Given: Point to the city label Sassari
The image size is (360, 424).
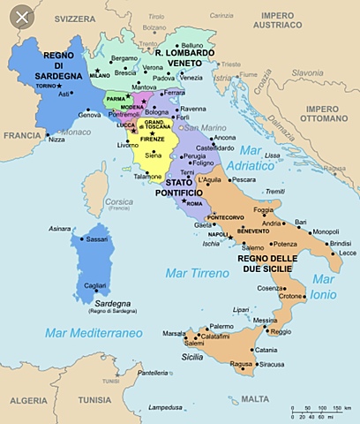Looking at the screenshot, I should tap(98, 238).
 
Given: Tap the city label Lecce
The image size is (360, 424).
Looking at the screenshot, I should tap(335, 254).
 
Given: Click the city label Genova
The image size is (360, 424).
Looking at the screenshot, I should tap(89, 115).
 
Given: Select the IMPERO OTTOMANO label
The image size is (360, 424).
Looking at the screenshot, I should tap(326, 114).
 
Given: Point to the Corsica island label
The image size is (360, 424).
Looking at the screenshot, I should tap(119, 202).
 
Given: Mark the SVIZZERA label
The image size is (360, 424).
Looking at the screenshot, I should tap(78, 17).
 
